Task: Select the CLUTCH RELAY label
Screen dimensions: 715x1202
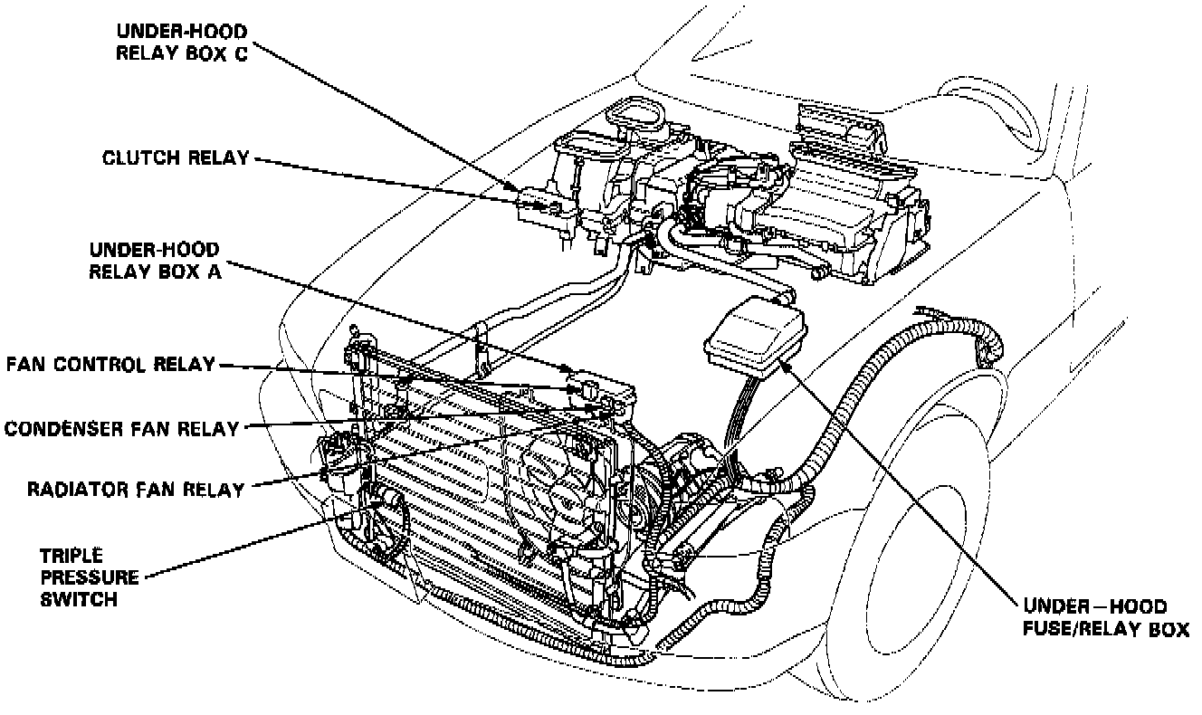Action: pos(176,158)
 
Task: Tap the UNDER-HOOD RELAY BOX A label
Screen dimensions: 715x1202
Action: pos(153,259)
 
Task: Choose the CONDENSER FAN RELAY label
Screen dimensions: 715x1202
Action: pos(121,428)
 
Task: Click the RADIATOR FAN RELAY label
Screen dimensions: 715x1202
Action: pos(136,490)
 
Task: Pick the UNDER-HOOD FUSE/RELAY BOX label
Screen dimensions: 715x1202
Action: pos(1105,618)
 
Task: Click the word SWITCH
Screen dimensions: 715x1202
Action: pos(80,598)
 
